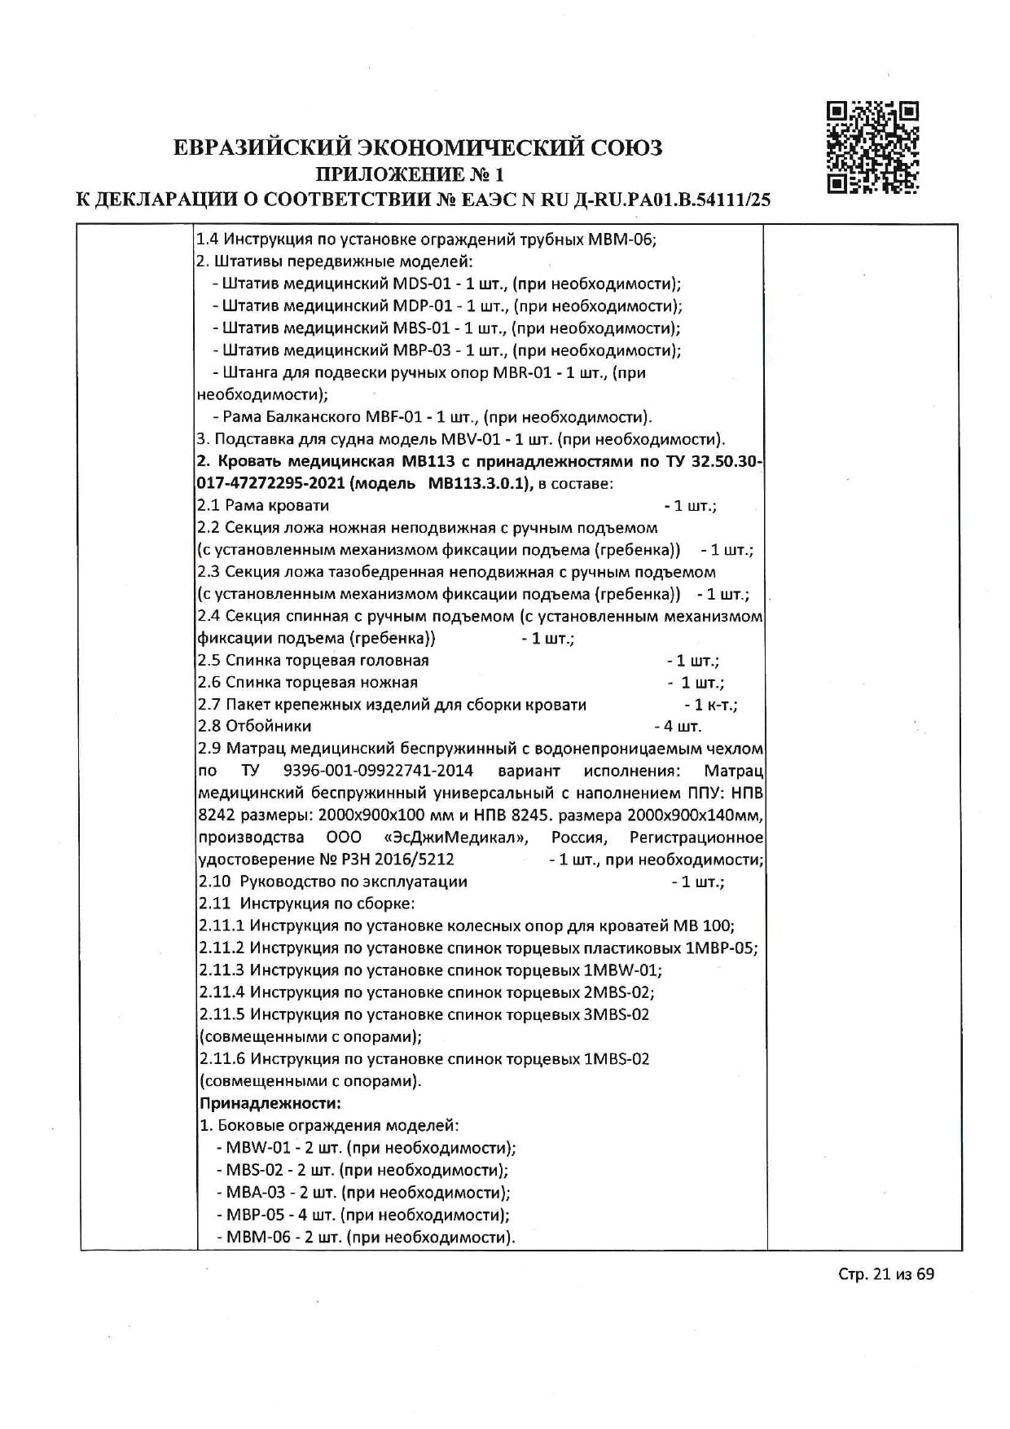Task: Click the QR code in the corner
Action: (x=873, y=147)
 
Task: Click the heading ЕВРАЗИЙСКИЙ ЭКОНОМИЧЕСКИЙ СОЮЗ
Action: (x=419, y=147)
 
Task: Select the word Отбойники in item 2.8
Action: (x=268, y=726)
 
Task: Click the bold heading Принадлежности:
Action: (x=270, y=1104)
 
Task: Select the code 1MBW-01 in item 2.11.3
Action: (x=621, y=970)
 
